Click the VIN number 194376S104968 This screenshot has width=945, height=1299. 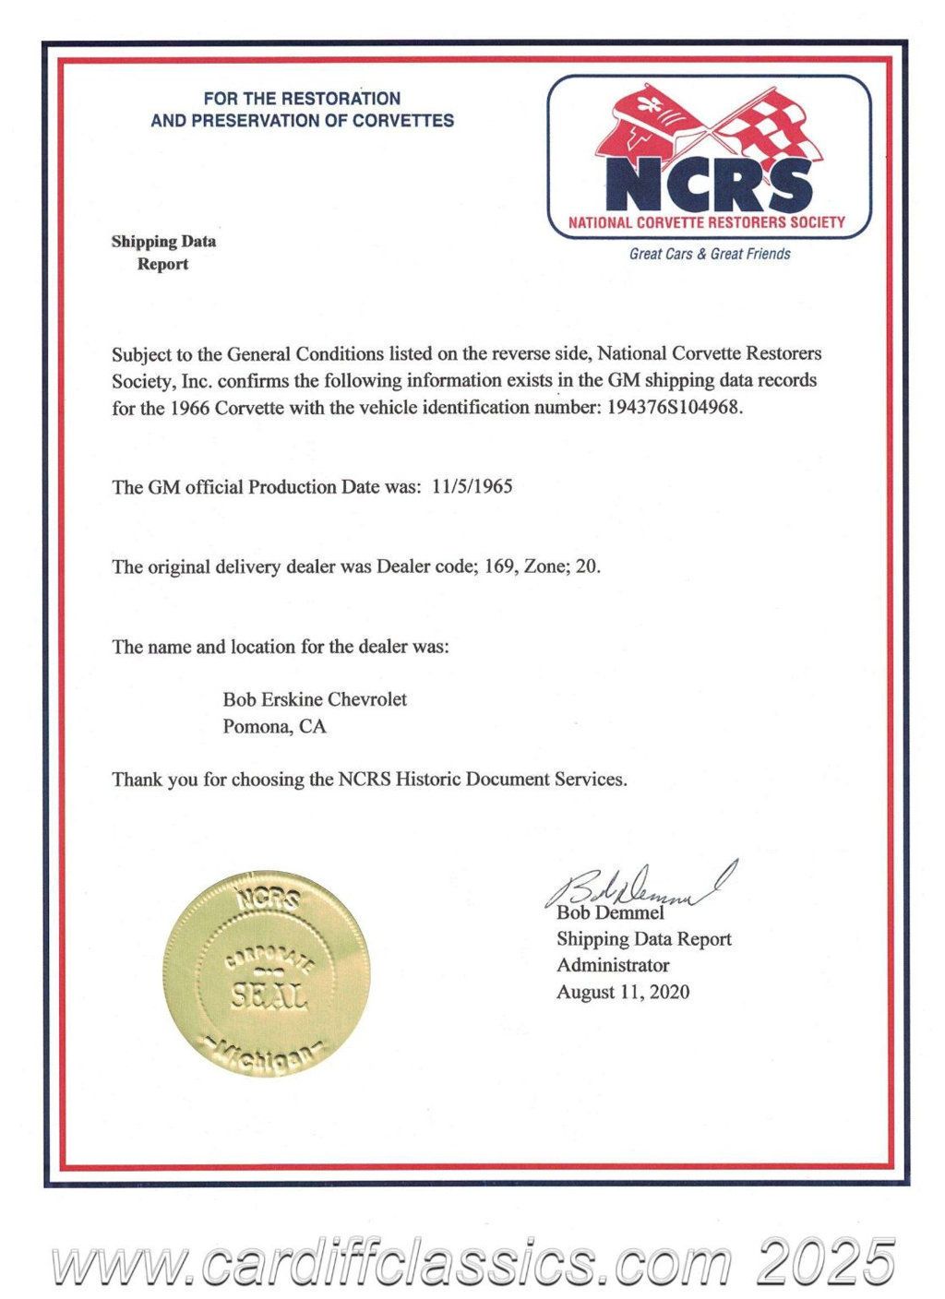675,407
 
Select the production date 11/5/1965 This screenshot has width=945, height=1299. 472,486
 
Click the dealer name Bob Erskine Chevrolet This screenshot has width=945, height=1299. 315,699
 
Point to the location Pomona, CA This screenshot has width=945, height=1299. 274,726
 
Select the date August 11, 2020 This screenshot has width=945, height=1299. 623,992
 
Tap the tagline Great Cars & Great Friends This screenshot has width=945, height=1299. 710,254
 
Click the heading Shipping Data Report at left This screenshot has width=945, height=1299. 163,253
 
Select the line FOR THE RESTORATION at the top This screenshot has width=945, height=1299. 302,98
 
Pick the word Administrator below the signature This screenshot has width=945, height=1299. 613,965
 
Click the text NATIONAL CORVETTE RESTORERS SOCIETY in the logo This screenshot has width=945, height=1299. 707,222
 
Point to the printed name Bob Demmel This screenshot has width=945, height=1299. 610,913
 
